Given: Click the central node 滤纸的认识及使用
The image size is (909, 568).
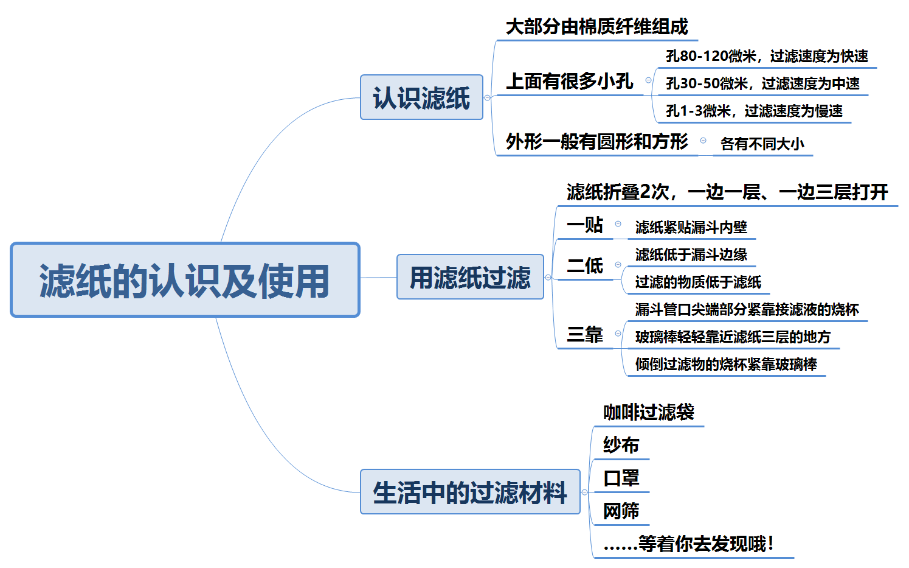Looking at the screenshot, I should pos(185,280).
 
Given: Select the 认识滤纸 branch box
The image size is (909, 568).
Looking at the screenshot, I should pos(421,97).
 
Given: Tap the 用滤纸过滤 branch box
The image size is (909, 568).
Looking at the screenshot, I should pos(470,277).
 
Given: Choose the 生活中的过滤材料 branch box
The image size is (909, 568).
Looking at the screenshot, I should pos(470,492).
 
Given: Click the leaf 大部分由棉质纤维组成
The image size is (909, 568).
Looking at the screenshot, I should pos(596,27).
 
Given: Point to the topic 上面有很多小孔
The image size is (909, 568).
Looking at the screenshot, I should pos(569,81).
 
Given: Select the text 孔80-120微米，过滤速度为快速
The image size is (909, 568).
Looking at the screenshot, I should pos(767,56).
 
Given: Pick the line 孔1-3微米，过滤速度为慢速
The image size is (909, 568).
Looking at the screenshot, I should pos(754,111).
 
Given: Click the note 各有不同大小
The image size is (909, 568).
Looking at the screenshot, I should pos(762,144).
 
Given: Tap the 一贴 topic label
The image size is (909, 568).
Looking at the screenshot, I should pos(584,225).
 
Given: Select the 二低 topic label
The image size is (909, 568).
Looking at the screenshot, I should pos(584,265).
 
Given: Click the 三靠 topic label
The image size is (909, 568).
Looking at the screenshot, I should pos(584,334).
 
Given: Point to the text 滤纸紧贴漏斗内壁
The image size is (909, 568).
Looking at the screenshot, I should pos(691,227).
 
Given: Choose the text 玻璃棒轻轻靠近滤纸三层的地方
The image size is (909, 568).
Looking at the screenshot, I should pos(733,337).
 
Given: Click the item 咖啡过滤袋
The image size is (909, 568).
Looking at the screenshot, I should pos(648,412).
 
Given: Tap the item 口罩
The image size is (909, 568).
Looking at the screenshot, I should pos(621,478).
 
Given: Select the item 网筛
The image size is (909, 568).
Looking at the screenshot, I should pos(621,511).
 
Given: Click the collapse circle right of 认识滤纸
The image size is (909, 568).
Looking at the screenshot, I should pos(487,97).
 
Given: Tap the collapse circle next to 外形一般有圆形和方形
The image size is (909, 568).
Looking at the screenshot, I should pos(703,141).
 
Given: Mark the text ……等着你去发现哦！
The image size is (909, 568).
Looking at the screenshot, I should pos(688,544).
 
